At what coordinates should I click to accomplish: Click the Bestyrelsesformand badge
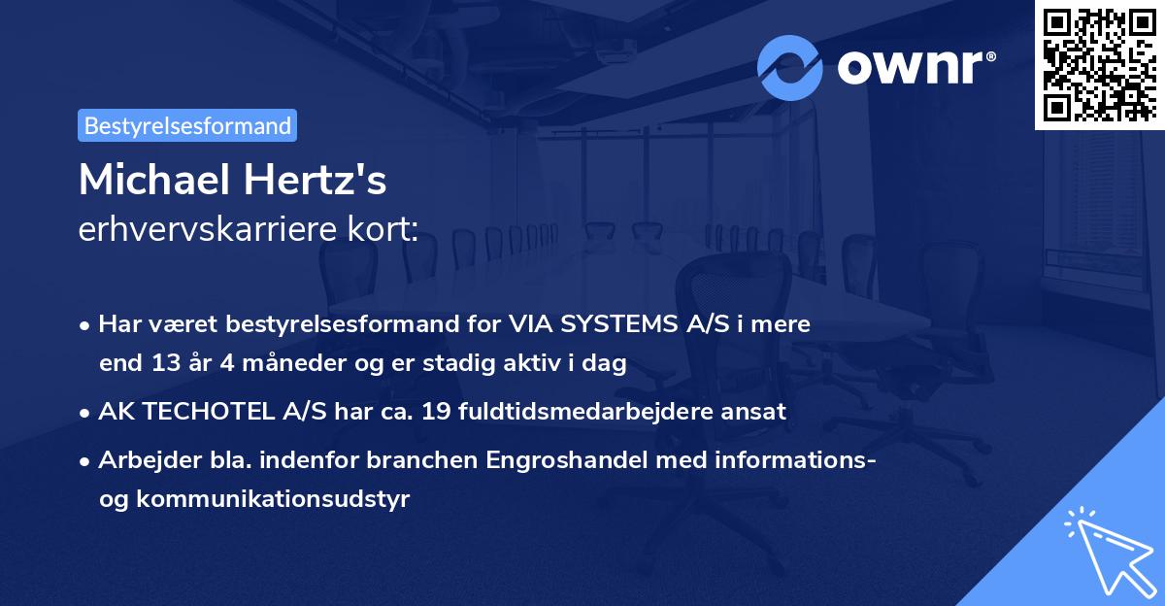[187, 125]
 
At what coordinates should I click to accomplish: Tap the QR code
[1098, 64]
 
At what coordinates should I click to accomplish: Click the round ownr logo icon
[789, 68]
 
